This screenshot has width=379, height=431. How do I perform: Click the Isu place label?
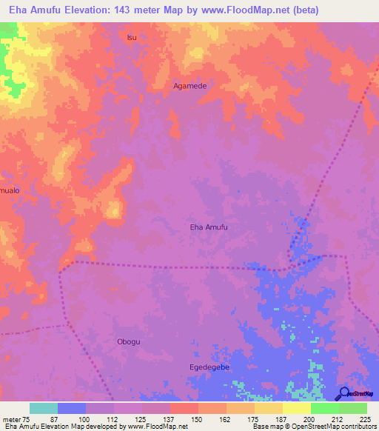(x=133, y=37)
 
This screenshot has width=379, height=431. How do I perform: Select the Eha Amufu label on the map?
(x=209, y=227)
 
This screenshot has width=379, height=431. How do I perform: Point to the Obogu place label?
(x=129, y=341)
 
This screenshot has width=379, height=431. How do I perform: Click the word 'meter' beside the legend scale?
(x=10, y=419)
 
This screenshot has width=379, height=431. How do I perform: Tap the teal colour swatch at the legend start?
(x=44, y=408)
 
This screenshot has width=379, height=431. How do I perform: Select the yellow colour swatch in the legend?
(x=297, y=408)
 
